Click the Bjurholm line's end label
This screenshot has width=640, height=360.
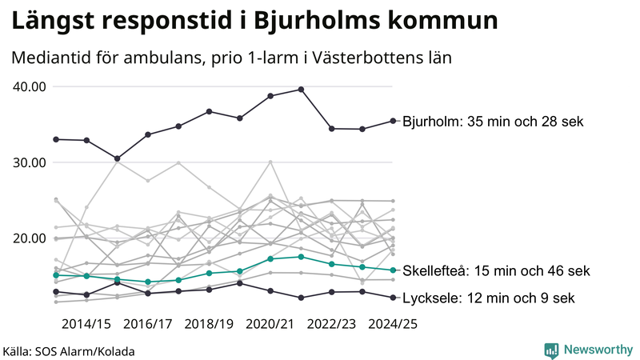coord(494,122)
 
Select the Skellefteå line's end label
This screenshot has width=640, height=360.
coord(497,271)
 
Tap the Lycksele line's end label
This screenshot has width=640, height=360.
coord(489,298)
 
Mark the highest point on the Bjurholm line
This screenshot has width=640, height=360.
coord(301,89)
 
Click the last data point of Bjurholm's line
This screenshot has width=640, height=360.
coord(393,121)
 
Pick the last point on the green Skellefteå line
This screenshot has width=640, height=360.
coord(393,270)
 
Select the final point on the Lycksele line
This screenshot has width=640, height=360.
coord(393,298)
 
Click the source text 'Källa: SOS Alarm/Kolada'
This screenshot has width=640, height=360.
coord(69,351)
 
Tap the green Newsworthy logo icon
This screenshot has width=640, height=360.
coord(551,350)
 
